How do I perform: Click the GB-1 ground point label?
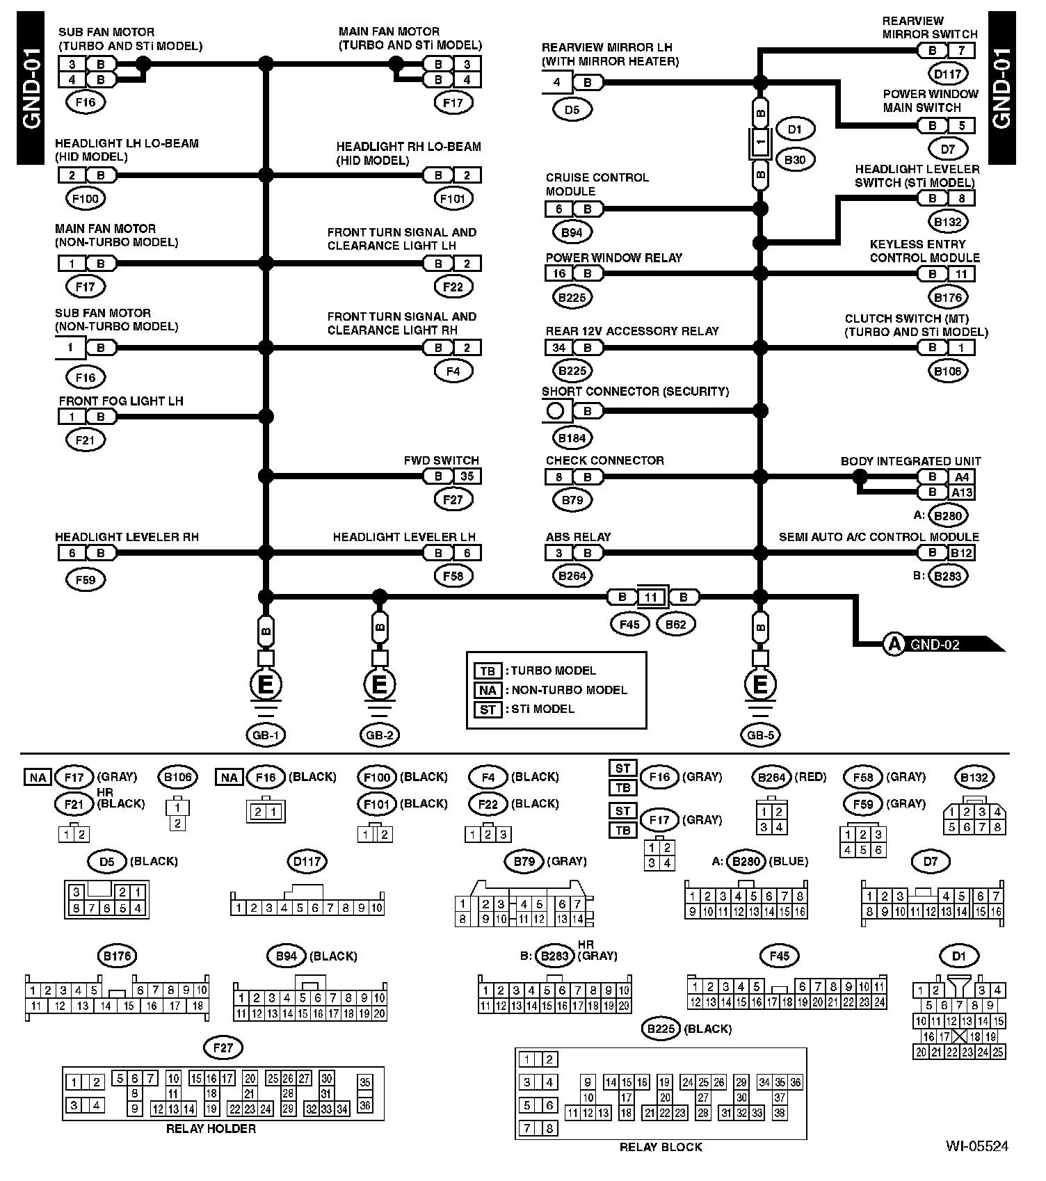(x=265, y=734)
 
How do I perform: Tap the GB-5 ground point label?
(x=760, y=734)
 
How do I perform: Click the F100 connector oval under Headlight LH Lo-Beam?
(x=86, y=199)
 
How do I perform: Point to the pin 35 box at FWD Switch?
(x=467, y=476)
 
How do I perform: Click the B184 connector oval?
(x=572, y=437)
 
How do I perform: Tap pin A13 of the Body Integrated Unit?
(x=962, y=492)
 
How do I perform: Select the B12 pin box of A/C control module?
(x=962, y=553)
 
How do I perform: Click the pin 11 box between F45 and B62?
(x=651, y=597)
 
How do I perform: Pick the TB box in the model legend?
(x=488, y=670)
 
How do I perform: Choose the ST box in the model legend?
(x=488, y=709)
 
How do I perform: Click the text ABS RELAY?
(x=578, y=537)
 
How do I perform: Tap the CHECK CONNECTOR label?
(x=604, y=460)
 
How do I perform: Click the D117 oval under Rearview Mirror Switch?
(x=947, y=73)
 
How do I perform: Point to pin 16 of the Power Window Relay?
(x=558, y=273)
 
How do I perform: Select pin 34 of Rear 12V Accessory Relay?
(x=558, y=347)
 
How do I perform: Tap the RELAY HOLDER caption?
(x=211, y=1129)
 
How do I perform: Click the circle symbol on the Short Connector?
(x=555, y=411)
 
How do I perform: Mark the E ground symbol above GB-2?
(x=379, y=685)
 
